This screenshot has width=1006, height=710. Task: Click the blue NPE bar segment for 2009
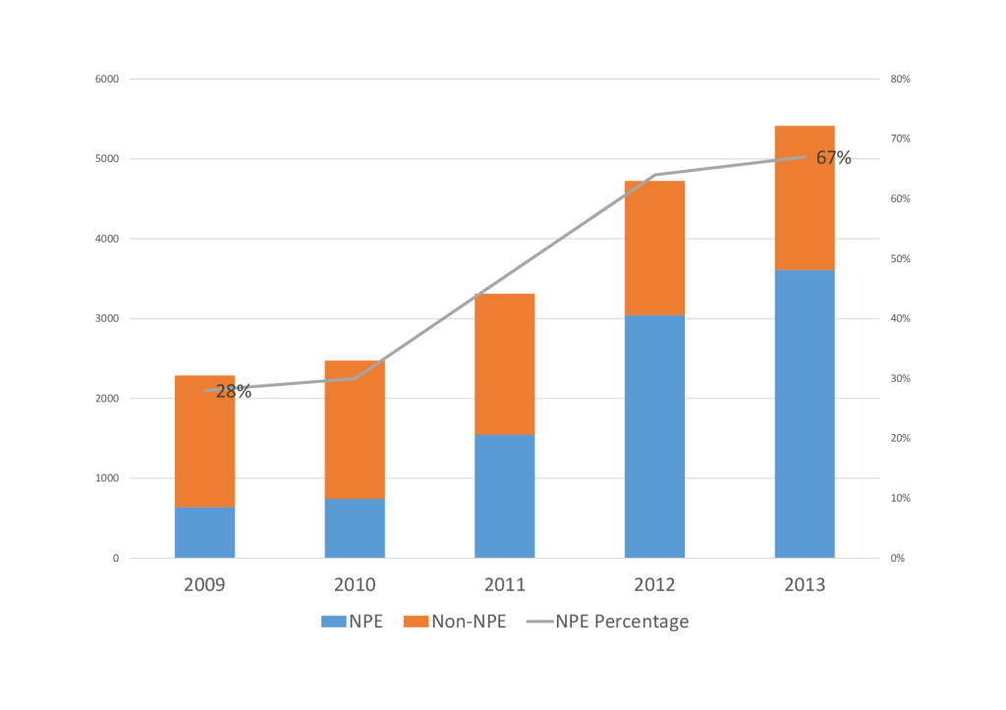point(204,532)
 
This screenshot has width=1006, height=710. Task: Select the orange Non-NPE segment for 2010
point(355,430)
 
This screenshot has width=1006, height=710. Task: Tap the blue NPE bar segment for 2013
point(805,413)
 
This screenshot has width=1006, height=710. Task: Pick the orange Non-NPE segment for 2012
point(654,248)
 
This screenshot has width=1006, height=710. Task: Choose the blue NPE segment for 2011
point(505,497)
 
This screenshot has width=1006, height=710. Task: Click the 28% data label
point(234,391)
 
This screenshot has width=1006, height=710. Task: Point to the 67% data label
point(833,158)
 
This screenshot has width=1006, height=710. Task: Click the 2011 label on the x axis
point(505,585)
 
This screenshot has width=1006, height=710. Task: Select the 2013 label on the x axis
point(805,585)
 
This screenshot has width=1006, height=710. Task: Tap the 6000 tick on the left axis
point(107,79)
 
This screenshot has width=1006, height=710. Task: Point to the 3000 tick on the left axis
point(107,319)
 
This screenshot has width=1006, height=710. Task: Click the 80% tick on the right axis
point(900,79)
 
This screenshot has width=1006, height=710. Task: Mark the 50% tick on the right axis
point(900,258)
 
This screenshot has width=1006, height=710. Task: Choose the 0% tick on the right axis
point(898,558)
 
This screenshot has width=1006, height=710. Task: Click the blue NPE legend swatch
point(334,622)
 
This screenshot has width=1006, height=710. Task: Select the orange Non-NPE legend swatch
point(416,622)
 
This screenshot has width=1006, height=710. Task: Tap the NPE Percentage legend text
point(622,622)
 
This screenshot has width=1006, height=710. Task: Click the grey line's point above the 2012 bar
point(654,175)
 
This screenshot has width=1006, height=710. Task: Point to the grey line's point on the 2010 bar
point(355,378)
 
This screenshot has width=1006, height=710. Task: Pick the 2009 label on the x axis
point(204,585)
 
